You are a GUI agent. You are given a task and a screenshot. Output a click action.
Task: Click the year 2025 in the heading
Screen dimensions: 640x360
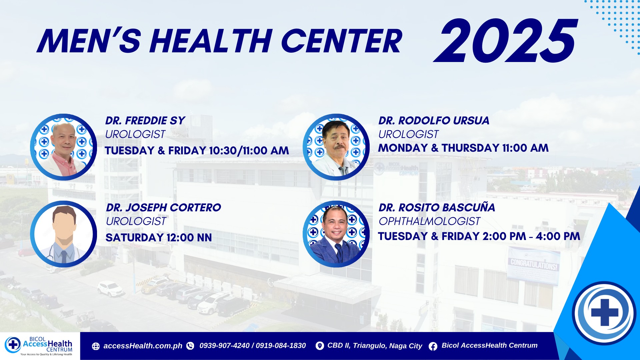click(x=505, y=41)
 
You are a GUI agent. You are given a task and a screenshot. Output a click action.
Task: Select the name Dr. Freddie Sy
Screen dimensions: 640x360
click(x=145, y=120)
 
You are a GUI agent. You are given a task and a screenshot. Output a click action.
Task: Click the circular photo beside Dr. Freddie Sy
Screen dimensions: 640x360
click(x=63, y=147)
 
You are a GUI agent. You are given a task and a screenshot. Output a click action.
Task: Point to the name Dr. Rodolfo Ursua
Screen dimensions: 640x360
click(x=434, y=120)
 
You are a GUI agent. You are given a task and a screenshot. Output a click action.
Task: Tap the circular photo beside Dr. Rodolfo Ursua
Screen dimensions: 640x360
click(x=336, y=147)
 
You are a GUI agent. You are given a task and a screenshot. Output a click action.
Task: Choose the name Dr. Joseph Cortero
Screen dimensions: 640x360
click(x=163, y=207)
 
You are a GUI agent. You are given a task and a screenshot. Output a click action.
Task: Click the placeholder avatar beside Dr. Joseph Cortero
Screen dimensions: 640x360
click(x=63, y=234)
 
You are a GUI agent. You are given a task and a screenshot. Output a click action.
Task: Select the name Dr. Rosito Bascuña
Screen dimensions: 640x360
click(x=437, y=207)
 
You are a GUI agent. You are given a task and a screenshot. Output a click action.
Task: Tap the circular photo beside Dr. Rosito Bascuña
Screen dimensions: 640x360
click(x=336, y=234)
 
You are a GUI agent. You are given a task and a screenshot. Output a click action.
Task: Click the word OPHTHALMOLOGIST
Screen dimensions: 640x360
click(x=429, y=221)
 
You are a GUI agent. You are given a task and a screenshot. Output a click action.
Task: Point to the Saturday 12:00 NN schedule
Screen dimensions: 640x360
click(x=159, y=238)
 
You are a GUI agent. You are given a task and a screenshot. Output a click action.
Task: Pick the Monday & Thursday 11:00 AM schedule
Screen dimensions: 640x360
click(x=463, y=148)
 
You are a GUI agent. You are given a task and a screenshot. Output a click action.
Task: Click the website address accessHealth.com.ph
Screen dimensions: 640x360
click(x=143, y=346)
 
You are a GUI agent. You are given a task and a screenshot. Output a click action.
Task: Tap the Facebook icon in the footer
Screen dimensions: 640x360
click(x=433, y=346)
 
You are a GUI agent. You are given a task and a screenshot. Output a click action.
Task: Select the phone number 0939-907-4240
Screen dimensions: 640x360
click(x=224, y=346)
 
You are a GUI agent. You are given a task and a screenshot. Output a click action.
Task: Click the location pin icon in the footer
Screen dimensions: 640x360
click(x=320, y=346)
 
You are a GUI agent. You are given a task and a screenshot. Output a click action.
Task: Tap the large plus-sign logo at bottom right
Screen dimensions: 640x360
click(x=604, y=313)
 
